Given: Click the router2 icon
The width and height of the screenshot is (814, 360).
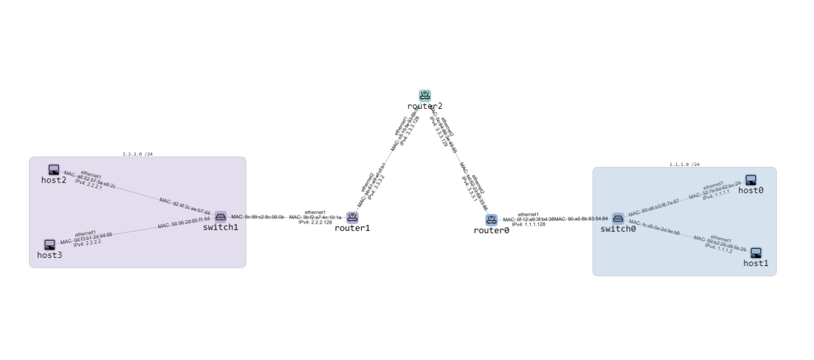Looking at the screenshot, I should point(424,95).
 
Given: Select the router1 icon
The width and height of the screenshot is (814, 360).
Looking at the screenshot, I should point(353,217).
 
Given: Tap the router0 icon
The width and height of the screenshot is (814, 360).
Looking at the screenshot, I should point(491,220).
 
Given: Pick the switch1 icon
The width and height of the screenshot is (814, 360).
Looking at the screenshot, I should point(221,216).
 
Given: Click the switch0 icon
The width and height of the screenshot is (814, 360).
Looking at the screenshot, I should point(618,218).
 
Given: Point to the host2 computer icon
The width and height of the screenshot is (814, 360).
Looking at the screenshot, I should point(54,169).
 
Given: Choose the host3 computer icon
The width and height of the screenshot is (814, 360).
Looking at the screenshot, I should point(49,244).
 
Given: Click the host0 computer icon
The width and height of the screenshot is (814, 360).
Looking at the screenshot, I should point(750,180).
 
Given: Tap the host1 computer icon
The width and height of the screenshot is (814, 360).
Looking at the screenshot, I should point(756,253).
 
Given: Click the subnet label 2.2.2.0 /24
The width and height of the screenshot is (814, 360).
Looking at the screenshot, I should point(137,154).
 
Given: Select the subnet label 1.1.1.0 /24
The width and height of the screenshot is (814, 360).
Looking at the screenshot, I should point(684,165).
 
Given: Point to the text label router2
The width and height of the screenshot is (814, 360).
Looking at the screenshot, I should point(424,106).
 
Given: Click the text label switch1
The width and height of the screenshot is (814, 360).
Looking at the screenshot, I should point(221,228).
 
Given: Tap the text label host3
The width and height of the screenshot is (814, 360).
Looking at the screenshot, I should point(49,255).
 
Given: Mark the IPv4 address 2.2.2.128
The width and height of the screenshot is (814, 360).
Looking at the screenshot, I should point(315,222).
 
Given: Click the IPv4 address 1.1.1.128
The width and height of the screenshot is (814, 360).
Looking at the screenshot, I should point(528,224).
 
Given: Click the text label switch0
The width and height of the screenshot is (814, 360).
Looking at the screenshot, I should point(618,229).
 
